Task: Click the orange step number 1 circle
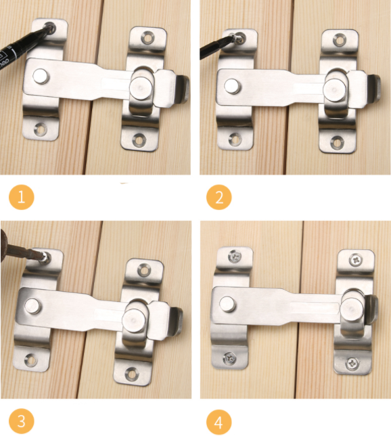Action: pos(22,197)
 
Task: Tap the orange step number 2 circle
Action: pos(219,197)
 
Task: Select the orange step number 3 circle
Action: pos(22,421)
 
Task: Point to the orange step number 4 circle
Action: pos(219,422)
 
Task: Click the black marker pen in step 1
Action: pos(25,45)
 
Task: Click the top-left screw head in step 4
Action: pos(235,256)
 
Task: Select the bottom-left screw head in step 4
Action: pos(230,358)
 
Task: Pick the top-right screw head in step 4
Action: pos(356,260)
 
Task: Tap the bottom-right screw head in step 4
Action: pos(352,363)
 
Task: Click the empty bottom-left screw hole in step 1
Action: pos(41,129)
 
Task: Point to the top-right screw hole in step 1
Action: pos(147,38)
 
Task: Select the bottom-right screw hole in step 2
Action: pos(337,142)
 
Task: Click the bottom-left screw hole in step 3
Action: pos(31,359)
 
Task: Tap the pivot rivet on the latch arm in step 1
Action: pos(41,77)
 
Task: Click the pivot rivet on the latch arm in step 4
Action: pos(227,304)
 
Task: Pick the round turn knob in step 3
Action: pos(133,320)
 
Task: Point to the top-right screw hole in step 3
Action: pos(144,270)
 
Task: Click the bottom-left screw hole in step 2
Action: pos(235,139)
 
